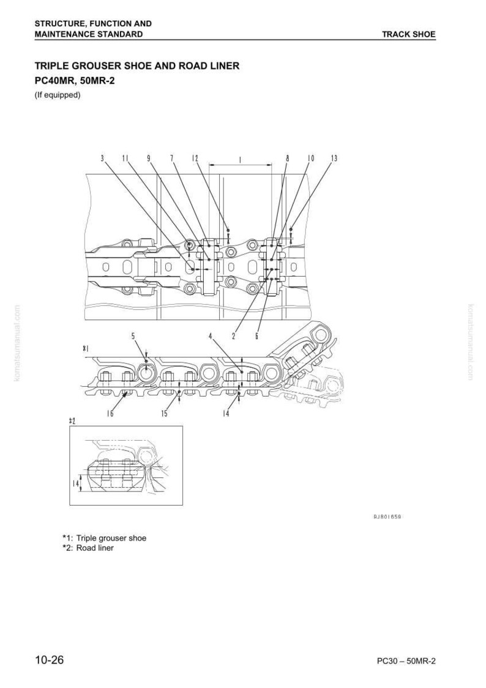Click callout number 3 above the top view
(x=102, y=159)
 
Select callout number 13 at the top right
(x=334, y=159)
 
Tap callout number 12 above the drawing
(x=195, y=159)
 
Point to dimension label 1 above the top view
(x=240, y=160)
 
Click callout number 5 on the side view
(x=133, y=336)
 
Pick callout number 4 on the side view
(x=211, y=336)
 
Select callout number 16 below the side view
(x=110, y=413)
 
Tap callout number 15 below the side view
(x=164, y=413)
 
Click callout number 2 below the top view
(x=234, y=336)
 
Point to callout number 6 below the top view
(x=256, y=336)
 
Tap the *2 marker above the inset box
(x=72, y=421)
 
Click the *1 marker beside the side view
(x=86, y=348)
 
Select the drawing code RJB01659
(x=387, y=517)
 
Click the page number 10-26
(x=50, y=660)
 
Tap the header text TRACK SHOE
(x=408, y=34)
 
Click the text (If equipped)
(x=58, y=95)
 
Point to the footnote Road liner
(x=95, y=548)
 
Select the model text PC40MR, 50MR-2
(x=75, y=81)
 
